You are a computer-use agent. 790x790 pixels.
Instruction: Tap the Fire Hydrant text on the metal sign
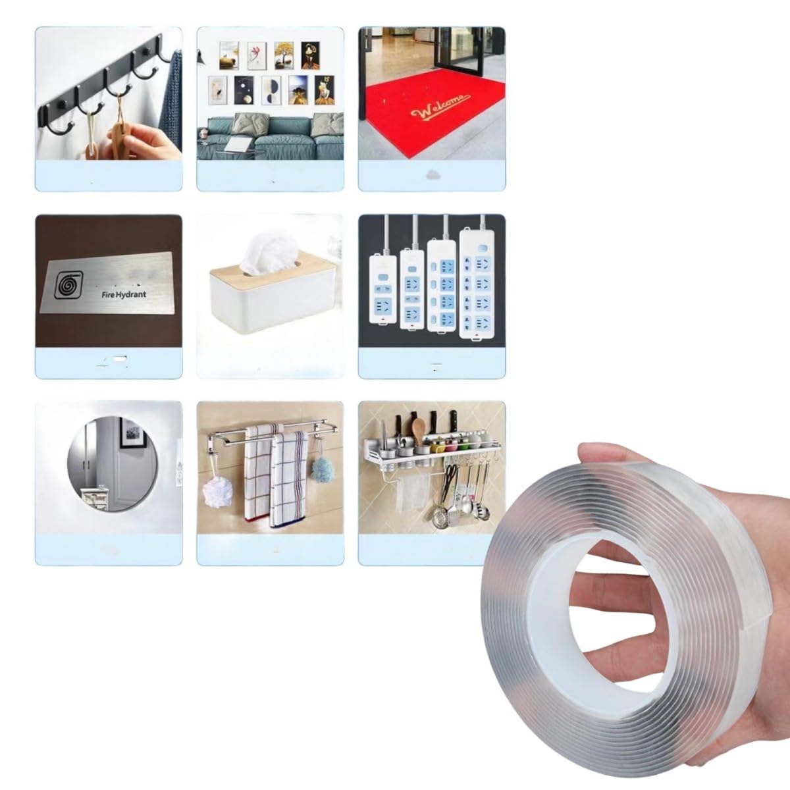(x=124, y=294)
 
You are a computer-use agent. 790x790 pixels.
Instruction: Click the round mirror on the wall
(x=113, y=463)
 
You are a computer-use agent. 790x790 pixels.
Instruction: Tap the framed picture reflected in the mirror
(x=133, y=433)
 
